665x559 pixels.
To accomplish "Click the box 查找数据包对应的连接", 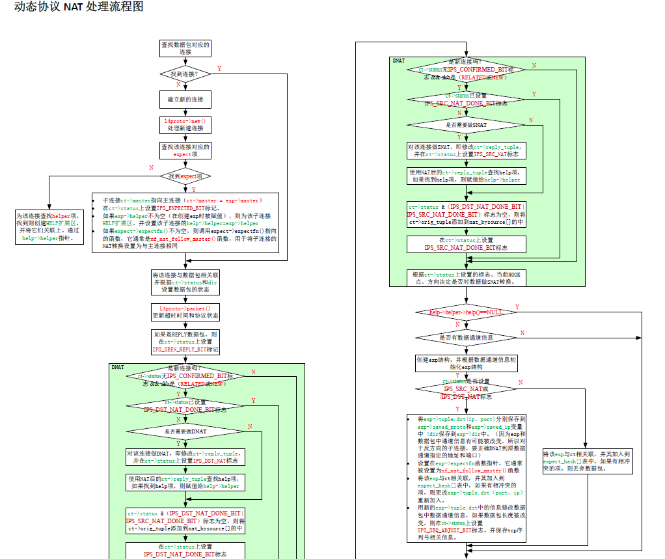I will coord(185,48).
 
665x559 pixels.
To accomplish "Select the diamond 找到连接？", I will coord(185,75).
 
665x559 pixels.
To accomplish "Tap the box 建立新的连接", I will coord(185,100).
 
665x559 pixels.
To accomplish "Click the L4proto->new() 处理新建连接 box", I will coord(185,125).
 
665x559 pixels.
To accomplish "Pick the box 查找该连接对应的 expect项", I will coord(185,150).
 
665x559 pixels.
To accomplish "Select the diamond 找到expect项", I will coord(185,176).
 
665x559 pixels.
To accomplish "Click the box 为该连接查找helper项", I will coord(50,226).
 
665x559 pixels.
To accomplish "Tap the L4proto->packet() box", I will coord(185,312).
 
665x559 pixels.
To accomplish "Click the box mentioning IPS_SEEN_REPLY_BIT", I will coord(185,342).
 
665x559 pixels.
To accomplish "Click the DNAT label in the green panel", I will coord(118,368).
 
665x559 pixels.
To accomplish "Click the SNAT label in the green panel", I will coord(399,61).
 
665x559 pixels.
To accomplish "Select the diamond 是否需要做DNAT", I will coord(185,431).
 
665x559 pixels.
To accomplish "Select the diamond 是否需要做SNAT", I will coord(466,124).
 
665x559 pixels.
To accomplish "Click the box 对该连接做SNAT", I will coord(466,151).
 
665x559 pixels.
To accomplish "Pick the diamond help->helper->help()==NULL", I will coord(466,312).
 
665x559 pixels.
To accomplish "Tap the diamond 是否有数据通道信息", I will coord(466,338).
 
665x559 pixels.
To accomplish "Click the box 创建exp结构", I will coord(466,362).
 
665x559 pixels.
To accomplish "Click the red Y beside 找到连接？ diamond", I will coord(219,68).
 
